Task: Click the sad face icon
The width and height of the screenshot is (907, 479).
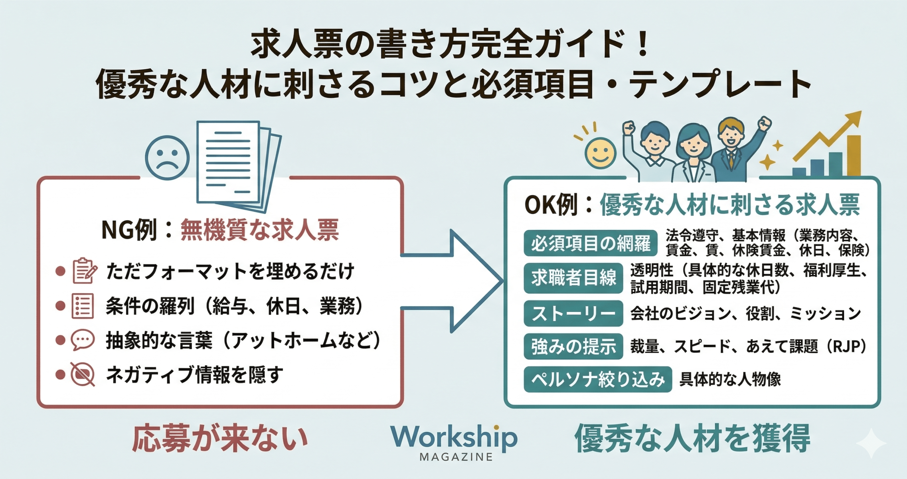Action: (168, 158)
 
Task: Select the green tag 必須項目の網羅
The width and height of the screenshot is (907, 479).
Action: (591, 243)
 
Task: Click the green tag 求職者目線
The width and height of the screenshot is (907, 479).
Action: (573, 278)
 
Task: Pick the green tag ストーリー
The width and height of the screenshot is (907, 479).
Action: (573, 313)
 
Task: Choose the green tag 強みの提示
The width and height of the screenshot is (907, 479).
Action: (573, 346)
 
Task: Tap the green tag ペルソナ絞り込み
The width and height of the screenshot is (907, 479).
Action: (598, 379)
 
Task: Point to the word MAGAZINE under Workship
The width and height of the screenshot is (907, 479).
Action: (456, 457)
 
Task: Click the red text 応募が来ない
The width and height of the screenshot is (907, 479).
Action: (220, 439)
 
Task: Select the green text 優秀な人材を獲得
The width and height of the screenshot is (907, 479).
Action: (692, 439)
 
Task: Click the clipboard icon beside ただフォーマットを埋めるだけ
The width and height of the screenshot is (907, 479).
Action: (84, 271)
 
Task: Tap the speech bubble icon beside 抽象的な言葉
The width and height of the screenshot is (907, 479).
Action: (83, 340)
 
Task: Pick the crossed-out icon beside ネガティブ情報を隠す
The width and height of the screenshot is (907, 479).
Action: (83, 374)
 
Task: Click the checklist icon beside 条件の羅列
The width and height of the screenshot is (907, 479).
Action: (83, 306)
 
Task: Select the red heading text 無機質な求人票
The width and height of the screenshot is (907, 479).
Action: (260, 230)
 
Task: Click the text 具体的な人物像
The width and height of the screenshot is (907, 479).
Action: (730, 379)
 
